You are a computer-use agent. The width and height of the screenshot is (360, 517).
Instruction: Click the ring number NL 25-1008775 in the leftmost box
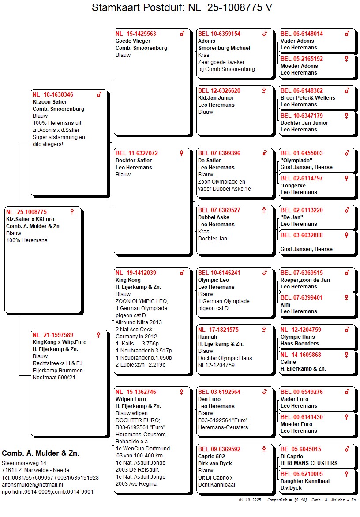pyautogui.click(x=26, y=212)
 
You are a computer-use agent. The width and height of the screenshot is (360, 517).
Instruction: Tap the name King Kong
pyautogui.click(x=128, y=280)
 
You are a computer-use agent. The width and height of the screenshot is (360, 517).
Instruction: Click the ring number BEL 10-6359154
pyautogui.click(x=219, y=34)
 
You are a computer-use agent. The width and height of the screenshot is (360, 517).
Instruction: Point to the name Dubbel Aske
pyautogui.click(x=214, y=217)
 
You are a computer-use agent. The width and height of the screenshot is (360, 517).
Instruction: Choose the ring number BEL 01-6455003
pyautogui.click(x=302, y=154)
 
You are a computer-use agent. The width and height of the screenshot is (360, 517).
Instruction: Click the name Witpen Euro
pyautogui.click(x=131, y=399)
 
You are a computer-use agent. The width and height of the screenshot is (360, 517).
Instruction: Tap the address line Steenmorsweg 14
pyautogui.click(x=24, y=463)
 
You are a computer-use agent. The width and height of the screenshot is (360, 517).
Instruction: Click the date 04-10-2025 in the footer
pyautogui.click(x=250, y=500)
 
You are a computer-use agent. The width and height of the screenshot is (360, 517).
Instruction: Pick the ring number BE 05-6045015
pyautogui.click(x=301, y=450)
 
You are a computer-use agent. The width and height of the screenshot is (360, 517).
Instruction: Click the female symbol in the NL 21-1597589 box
pyautogui.click(x=98, y=335)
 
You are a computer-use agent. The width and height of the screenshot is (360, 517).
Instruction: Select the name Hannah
pyautogui.click(x=207, y=337)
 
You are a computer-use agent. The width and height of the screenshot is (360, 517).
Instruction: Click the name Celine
pyautogui.click(x=289, y=362)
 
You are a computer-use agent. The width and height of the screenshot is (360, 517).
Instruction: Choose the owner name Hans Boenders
pyautogui.click(x=300, y=344)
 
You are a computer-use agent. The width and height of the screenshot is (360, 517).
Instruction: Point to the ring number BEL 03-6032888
pyautogui.click(x=302, y=235)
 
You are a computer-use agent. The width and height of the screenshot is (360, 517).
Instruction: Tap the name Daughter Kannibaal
pyautogui.click(x=305, y=481)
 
